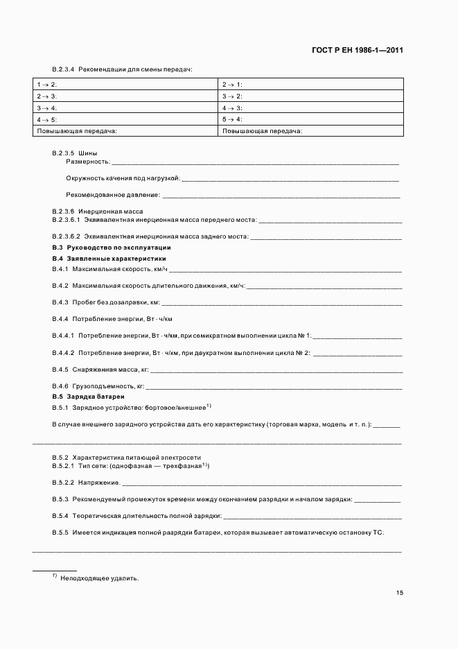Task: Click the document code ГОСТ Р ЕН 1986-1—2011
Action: point(355,50)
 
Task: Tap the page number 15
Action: point(399,593)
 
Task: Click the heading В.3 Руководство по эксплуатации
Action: point(112,248)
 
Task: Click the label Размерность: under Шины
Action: point(88,162)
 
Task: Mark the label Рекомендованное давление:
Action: point(112,195)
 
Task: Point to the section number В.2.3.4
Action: point(63,69)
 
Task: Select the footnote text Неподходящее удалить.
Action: point(100,578)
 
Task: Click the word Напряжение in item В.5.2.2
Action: point(97,482)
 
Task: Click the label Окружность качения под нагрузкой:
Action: point(122,178)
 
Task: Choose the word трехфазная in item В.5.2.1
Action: point(186,467)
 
